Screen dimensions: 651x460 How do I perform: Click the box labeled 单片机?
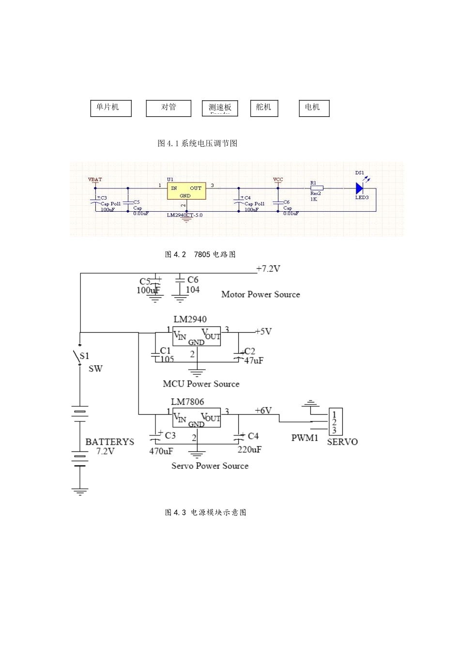pos(110,108)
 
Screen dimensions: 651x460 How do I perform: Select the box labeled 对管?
pos(169,108)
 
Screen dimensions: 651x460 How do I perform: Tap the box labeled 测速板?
pos(220,108)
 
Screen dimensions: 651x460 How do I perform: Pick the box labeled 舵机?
pos(264,108)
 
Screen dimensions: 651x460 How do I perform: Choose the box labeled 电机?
pos(314,108)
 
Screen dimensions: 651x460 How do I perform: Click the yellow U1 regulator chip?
pos(186,191)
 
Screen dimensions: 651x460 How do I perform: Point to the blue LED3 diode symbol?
pos(359,188)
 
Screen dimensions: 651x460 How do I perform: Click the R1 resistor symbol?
pos(316,188)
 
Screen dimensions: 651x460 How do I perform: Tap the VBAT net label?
pos(95,180)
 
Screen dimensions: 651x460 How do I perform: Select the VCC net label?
pos(278,180)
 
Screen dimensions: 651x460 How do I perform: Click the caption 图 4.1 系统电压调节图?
pos(198,143)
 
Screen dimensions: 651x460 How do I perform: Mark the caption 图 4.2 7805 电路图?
pos(200,254)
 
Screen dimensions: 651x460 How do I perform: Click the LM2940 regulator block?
pos(197,336)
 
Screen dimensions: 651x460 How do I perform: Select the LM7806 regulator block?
pos(197,418)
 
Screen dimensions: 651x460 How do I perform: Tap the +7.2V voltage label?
pos(268,269)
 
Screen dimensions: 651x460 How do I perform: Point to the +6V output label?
pos(263,410)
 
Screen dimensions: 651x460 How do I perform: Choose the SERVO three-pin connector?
pos(335,421)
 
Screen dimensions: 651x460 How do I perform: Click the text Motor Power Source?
pos(261,294)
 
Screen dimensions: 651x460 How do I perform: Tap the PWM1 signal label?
pos(305,438)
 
